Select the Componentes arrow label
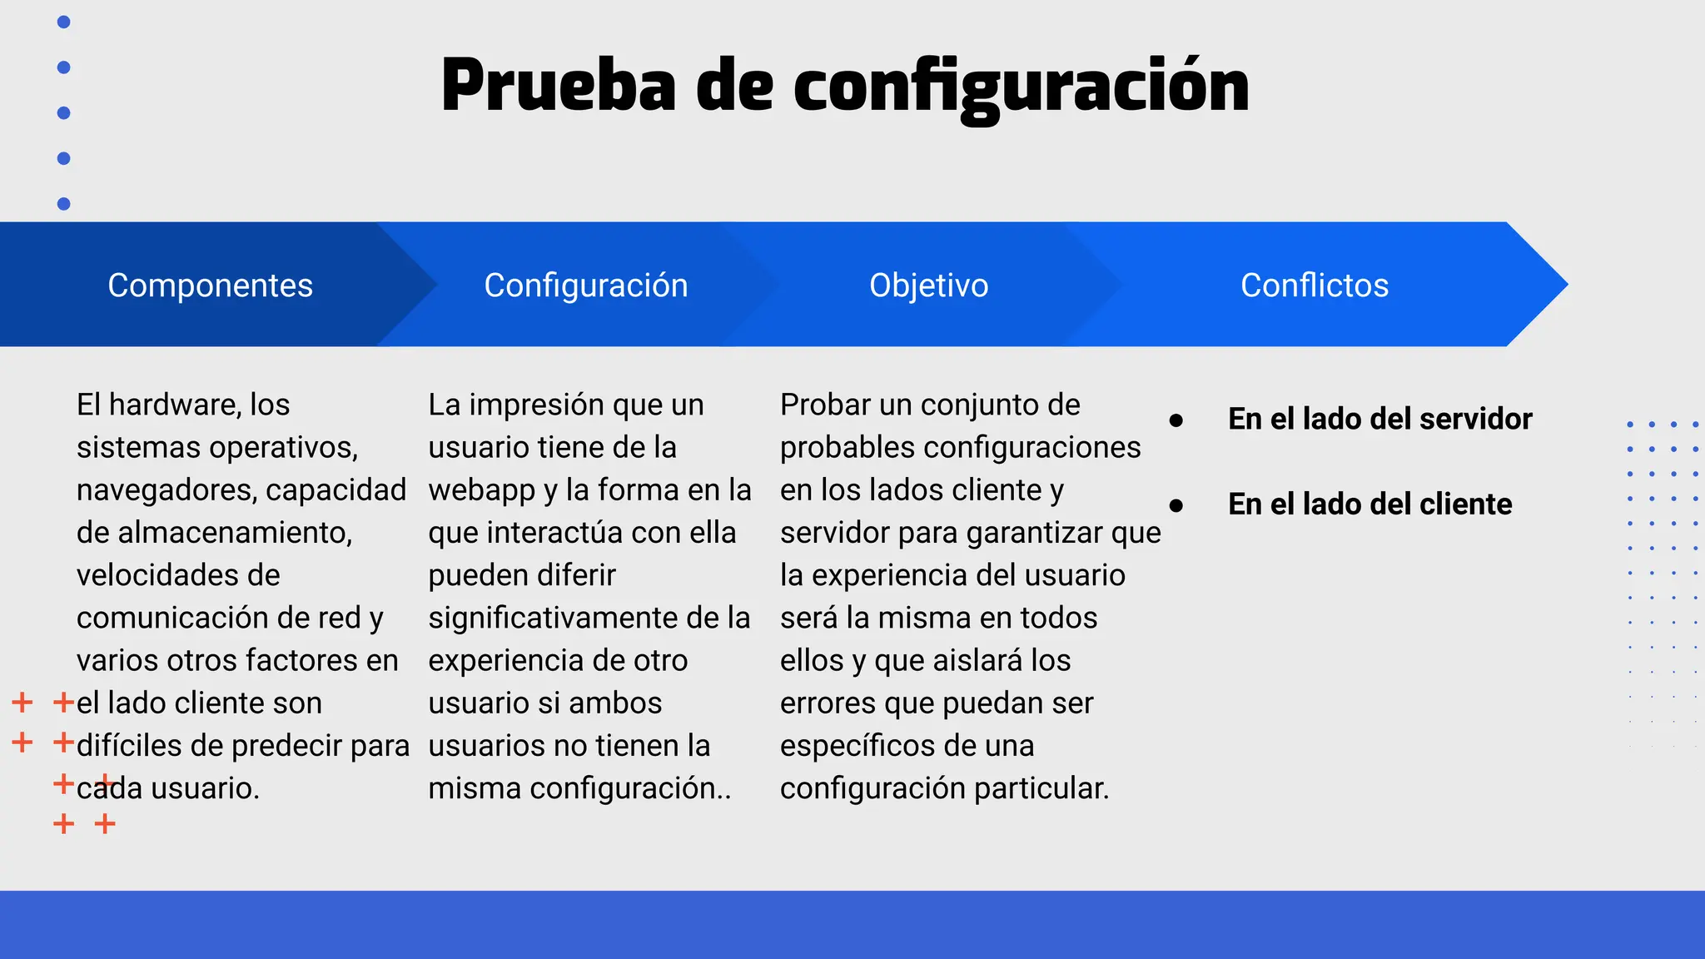210,286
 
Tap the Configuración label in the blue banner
586,286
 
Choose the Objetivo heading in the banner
928,286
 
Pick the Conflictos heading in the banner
1314,286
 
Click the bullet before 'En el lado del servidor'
1176,420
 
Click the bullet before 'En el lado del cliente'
1176,505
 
